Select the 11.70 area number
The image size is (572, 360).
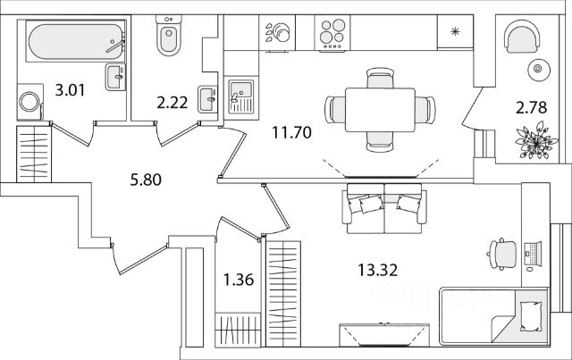[x=291, y=136]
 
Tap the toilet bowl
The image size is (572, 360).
[x=167, y=36]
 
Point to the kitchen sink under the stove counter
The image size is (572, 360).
[x=240, y=93]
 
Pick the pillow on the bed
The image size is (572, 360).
[x=531, y=315]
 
